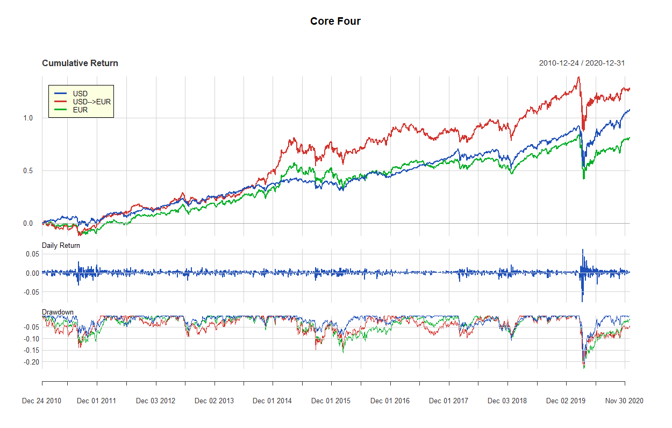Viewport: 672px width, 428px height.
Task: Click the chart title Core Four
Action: click(x=335, y=22)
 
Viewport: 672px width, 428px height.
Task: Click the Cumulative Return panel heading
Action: click(x=80, y=63)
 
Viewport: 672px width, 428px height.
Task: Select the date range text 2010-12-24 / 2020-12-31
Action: click(x=582, y=63)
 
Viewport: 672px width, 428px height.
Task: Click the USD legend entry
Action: click(x=80, y=94)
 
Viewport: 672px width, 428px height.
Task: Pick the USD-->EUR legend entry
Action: click(x=91, y=102)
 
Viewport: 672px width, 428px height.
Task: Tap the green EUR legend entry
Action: click(x=80, y=110)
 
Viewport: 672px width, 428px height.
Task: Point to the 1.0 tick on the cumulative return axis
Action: click(x=27, y=118)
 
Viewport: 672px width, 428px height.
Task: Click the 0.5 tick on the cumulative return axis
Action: click(x=27, y=171)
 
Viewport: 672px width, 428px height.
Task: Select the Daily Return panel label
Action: click(x=61, y=246)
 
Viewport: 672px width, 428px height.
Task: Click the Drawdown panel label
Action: click(x=58, y=312)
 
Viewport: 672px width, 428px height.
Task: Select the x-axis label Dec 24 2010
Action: click(x=41, y=401)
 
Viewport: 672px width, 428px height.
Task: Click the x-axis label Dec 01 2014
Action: click(x=272, y=401)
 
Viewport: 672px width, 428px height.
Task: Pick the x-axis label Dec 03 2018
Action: click(x=507, y=401)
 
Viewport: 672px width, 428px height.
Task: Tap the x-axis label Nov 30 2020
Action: click(x=624, y=401)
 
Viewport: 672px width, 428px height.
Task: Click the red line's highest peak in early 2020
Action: click(x=578, y=77)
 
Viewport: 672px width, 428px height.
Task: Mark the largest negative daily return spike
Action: click(x=582, y=301)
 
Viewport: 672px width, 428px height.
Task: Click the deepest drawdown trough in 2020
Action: click(x=584, y=368)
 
